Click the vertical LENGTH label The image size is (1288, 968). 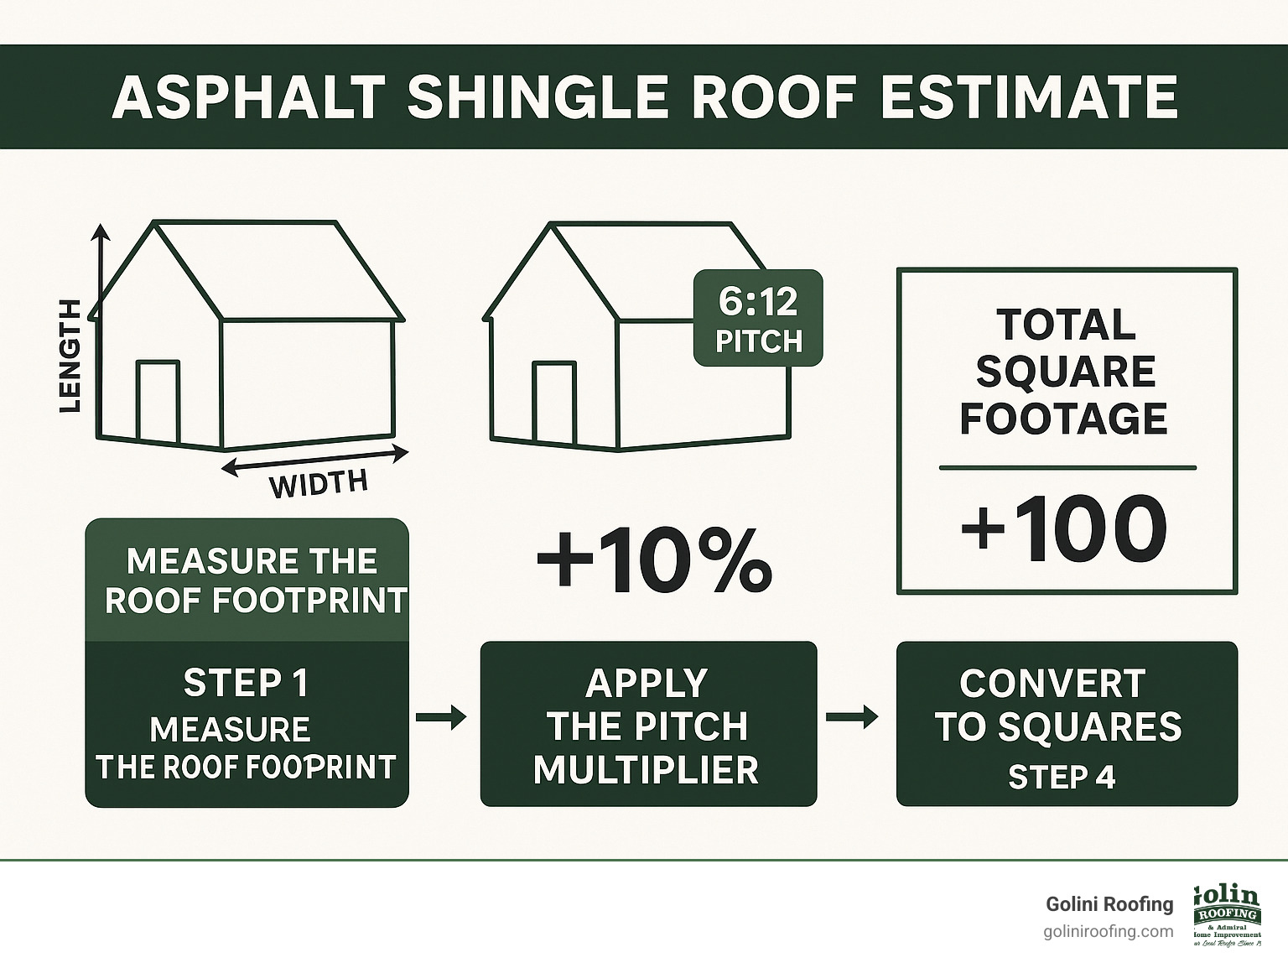[72, 355]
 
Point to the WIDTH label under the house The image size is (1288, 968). [318, 484]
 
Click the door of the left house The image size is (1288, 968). [158, 401]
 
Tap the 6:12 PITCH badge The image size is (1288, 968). [758, 318]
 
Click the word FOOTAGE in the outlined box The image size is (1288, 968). [1063, 419]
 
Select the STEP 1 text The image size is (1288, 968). [246, 683]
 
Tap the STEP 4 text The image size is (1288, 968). [1062, 778]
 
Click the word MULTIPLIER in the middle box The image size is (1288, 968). [646, 769]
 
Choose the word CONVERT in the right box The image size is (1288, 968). [1052, 684]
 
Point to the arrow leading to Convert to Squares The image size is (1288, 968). [852, 717]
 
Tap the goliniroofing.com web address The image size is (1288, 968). [1109, 932]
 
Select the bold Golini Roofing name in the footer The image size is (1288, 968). [1109, 904]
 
